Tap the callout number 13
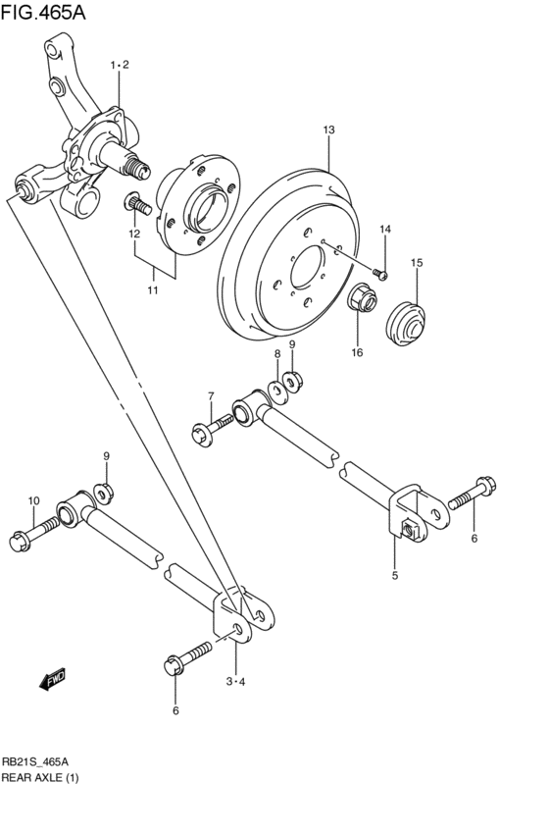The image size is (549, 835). point(328,130)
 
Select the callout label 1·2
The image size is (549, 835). point(120,65)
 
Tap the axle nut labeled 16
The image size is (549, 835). point(362,296)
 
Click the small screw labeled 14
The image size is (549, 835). point(381,272)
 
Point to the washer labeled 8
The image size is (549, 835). point(277,391)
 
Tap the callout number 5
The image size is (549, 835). point(395,576)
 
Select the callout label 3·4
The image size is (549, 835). point(234,681)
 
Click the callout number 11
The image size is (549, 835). point(153,289)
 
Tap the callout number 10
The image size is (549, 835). point(33,501)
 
